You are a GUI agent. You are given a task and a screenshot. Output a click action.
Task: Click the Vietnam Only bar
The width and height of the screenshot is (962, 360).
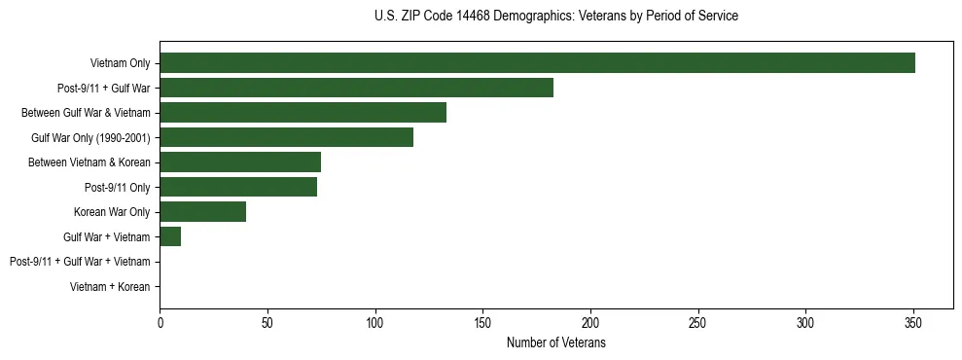point(537,63)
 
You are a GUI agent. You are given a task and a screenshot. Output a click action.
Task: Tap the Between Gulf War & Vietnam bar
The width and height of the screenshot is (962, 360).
point(303,113)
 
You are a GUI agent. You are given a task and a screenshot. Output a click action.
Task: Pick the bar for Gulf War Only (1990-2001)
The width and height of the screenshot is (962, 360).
point(286,138)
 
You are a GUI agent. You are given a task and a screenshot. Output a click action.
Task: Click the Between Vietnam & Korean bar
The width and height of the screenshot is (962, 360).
point(240,162)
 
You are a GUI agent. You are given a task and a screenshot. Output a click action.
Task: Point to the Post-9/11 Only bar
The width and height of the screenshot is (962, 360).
point(238,187)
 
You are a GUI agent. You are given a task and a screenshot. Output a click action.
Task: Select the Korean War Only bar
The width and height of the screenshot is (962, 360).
point(202,212)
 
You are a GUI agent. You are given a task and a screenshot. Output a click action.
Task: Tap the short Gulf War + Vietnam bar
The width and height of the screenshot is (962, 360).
point(170,236)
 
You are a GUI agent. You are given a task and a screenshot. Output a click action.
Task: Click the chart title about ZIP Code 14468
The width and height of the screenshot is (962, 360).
point(555,17)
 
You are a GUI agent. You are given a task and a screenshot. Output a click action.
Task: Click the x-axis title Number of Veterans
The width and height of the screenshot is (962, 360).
point(555,343)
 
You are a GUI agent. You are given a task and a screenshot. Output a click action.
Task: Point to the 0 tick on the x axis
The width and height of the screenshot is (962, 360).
point(160,323)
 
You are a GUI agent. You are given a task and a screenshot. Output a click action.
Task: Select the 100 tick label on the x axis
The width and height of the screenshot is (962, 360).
point(374,323)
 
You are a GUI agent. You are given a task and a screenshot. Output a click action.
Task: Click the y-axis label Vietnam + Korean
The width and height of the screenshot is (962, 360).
point(110,287)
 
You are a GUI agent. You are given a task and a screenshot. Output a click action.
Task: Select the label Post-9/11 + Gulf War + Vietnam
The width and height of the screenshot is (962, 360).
point(80,262)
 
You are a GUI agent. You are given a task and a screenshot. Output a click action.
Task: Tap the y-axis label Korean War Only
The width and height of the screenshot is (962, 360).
point(112,212)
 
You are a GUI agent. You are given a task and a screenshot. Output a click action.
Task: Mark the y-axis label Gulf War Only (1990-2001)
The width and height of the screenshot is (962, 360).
point(90,138)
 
